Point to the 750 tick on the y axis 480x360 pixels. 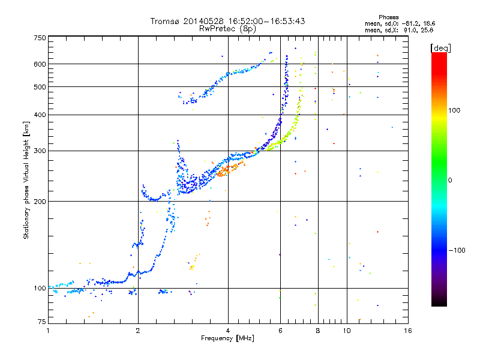coord(40,38)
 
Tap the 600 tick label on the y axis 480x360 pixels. coord(40,64)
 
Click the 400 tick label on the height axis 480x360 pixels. coord(40,115)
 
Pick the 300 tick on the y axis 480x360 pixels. coord(40,151)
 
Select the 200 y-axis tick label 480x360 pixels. coord(40,202)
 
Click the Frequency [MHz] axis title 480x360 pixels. coord(227,338)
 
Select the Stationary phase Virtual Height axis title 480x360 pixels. coord(26,180)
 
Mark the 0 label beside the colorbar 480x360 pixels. coord(451,180)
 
